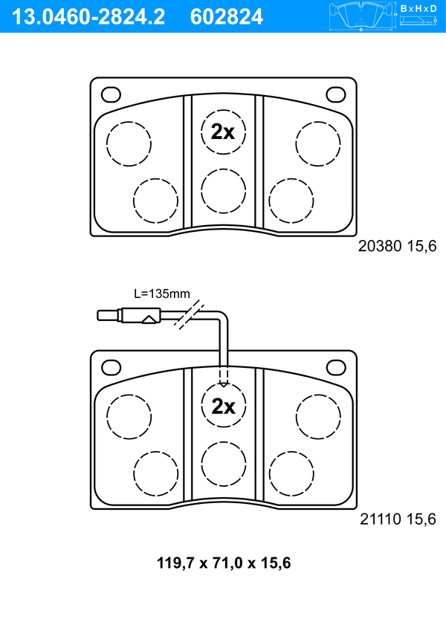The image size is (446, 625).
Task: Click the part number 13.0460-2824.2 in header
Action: coord(85,16)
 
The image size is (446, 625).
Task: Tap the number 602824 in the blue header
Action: coord(227,16)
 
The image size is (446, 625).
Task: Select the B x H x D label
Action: coord(420,7)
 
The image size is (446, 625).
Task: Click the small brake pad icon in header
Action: coord(361,16)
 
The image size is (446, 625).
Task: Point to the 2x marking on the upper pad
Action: coord(223,132)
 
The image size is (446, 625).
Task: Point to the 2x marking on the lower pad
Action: coord(223,406)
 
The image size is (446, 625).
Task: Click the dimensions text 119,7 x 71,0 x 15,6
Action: coord(223,563)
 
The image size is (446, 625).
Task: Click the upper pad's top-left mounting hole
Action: coord(111,94)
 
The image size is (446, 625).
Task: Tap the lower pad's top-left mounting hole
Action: coord(111,368)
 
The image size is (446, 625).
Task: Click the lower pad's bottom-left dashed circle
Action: coord(156,473)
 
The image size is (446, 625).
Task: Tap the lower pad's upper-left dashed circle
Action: coord(129,417)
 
